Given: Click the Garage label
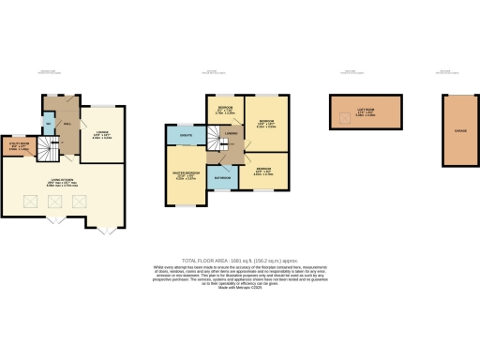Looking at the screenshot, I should [459, 131].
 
